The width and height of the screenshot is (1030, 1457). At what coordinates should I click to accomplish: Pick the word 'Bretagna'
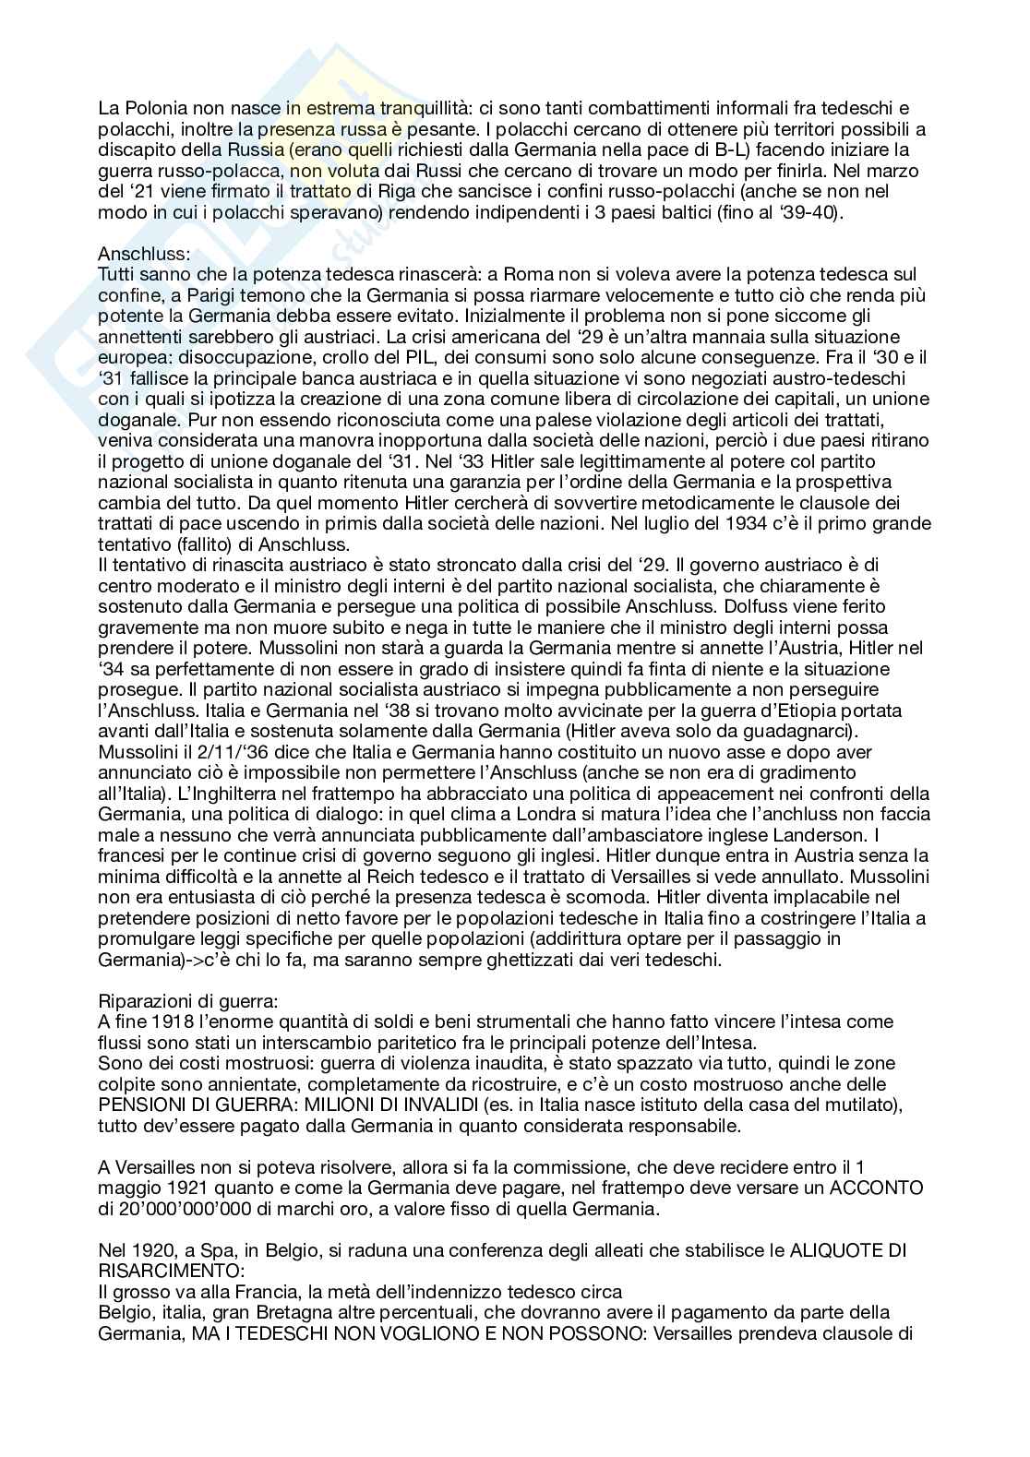tap(280, 1312)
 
